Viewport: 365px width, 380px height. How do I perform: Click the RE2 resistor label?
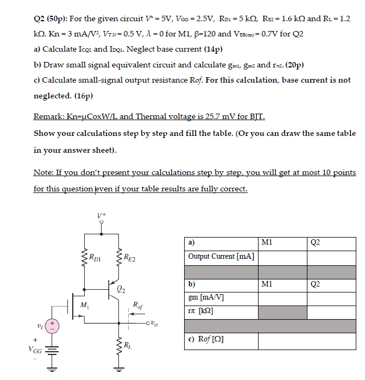tap(130, 258)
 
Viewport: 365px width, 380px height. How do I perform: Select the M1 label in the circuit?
tap(84, 306)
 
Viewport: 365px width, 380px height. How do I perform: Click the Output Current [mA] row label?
tap(221, 256)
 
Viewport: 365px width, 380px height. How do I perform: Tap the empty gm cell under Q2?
tap(330, 297)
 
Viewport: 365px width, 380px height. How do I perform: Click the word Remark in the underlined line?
tap(49, 117)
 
